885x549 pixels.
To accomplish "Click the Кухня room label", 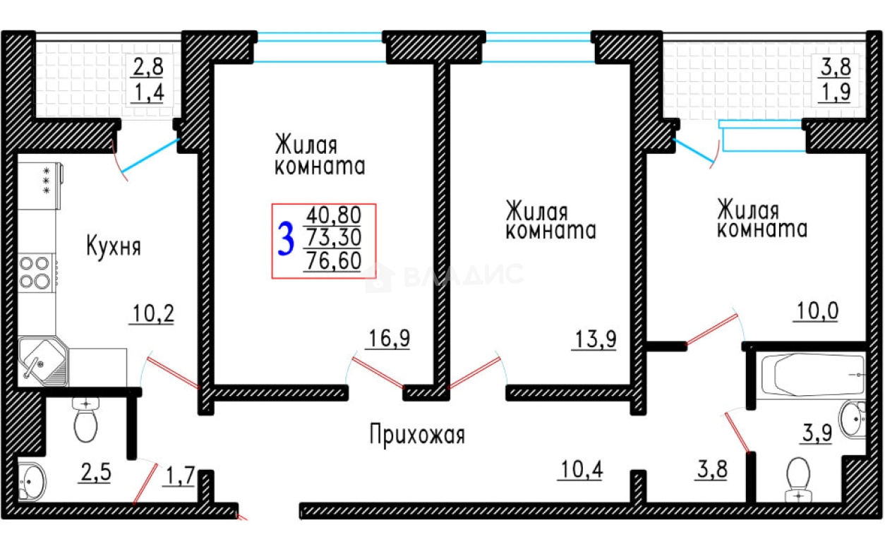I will (x=114, y=247).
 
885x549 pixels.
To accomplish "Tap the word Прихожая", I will (x=417, y=435).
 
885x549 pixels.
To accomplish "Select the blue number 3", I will (x=286, y=240).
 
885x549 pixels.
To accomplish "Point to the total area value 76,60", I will (x=333, y=262).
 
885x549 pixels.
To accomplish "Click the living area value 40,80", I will (x=333, y=214).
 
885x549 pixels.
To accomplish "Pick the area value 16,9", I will (x=389, y=339).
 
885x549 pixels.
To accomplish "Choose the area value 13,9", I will (x=595, y=339).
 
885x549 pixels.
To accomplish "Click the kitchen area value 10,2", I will (x=151, y=311).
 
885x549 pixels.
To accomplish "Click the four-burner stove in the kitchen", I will (x=35, y=272).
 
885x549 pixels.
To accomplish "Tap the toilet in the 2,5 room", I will (x=85, y=421).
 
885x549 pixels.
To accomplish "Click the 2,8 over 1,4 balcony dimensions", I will (x=148, y=80).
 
